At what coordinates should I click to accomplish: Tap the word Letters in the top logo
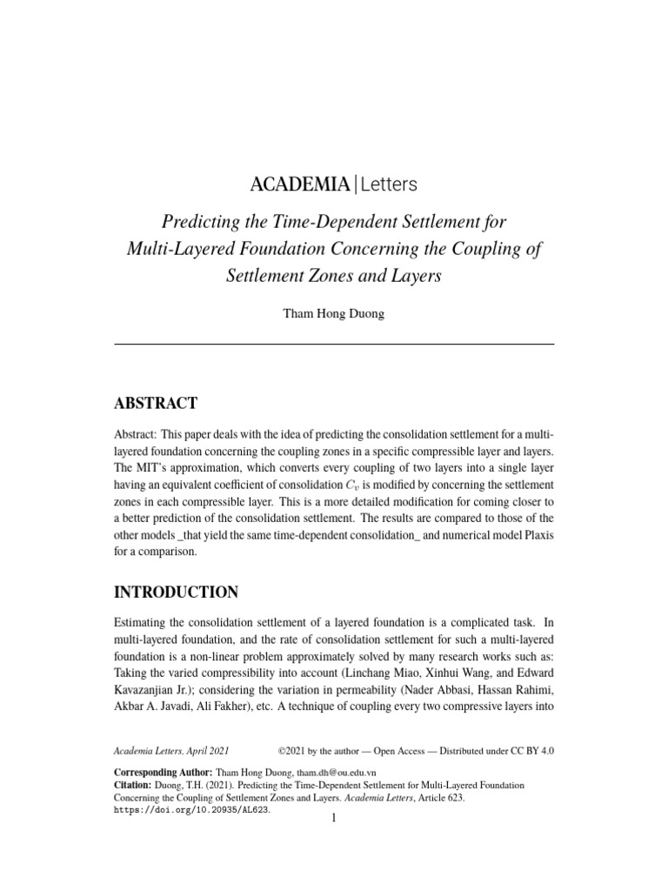click(388, 184)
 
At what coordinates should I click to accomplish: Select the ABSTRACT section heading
click(156, 403)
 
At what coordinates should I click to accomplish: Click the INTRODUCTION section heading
click(177, 593)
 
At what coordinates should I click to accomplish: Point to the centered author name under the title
click(334, 314)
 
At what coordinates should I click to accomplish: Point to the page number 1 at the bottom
click(334, 820)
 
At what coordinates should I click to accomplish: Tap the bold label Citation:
click(133, 785)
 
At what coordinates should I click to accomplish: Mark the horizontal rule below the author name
click(334, 345)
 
